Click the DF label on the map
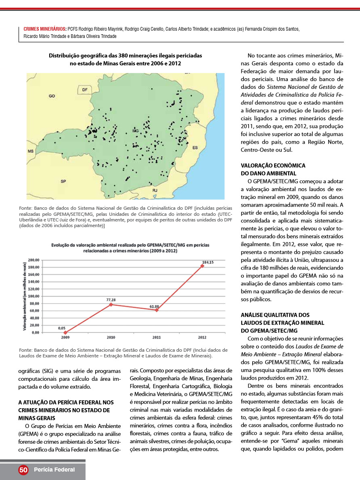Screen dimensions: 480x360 (84, 89)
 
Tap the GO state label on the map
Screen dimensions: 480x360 (52, 96)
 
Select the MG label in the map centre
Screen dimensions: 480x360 (136, 131)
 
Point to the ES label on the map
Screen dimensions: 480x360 (195, 148)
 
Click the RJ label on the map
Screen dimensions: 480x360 (155, 189)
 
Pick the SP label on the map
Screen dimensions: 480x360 (63, 181)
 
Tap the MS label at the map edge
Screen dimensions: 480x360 (30, 151)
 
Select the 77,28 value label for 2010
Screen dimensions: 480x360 (111, 300)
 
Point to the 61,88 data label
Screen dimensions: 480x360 (154, 307)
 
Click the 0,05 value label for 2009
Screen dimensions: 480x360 (62, 328)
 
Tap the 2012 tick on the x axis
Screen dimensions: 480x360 (203, 337)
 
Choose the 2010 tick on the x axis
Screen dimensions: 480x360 (111, 337)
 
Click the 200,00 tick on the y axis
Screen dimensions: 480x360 (33, 260)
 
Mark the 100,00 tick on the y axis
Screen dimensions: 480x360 (33, 296)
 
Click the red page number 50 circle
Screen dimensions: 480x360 (23, 470)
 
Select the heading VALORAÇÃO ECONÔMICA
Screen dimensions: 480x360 (273, 166)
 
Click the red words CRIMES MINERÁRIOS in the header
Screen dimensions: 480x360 (45, 29)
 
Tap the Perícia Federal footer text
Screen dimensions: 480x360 (54, 470)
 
